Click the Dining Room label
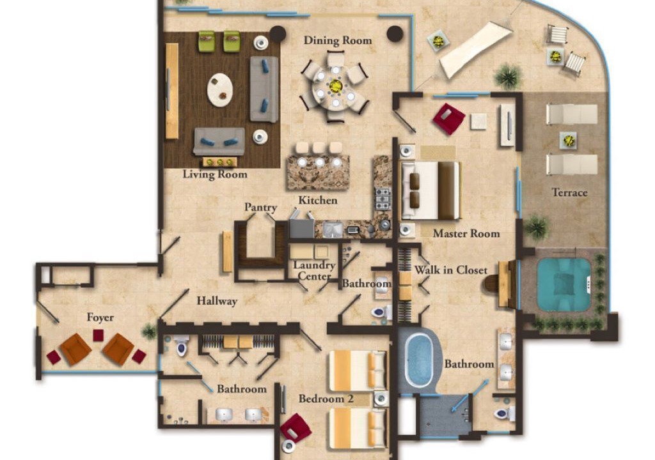point(338,40)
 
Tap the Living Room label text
point(215,174)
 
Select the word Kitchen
point(318,201)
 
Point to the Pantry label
point(261,208)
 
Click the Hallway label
point(217,301)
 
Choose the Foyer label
point(100,318)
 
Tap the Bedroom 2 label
point(326,399)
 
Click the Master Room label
point(466,233)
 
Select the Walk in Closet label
point(451,270)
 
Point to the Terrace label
point(570,192)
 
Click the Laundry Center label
point(314,270)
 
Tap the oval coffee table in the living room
point(220,90)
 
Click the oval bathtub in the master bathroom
point(419,360)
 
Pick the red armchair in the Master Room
point(448,119)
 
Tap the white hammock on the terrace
point(475,50)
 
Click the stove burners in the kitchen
point(383,199)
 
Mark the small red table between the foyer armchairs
point(98,335)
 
